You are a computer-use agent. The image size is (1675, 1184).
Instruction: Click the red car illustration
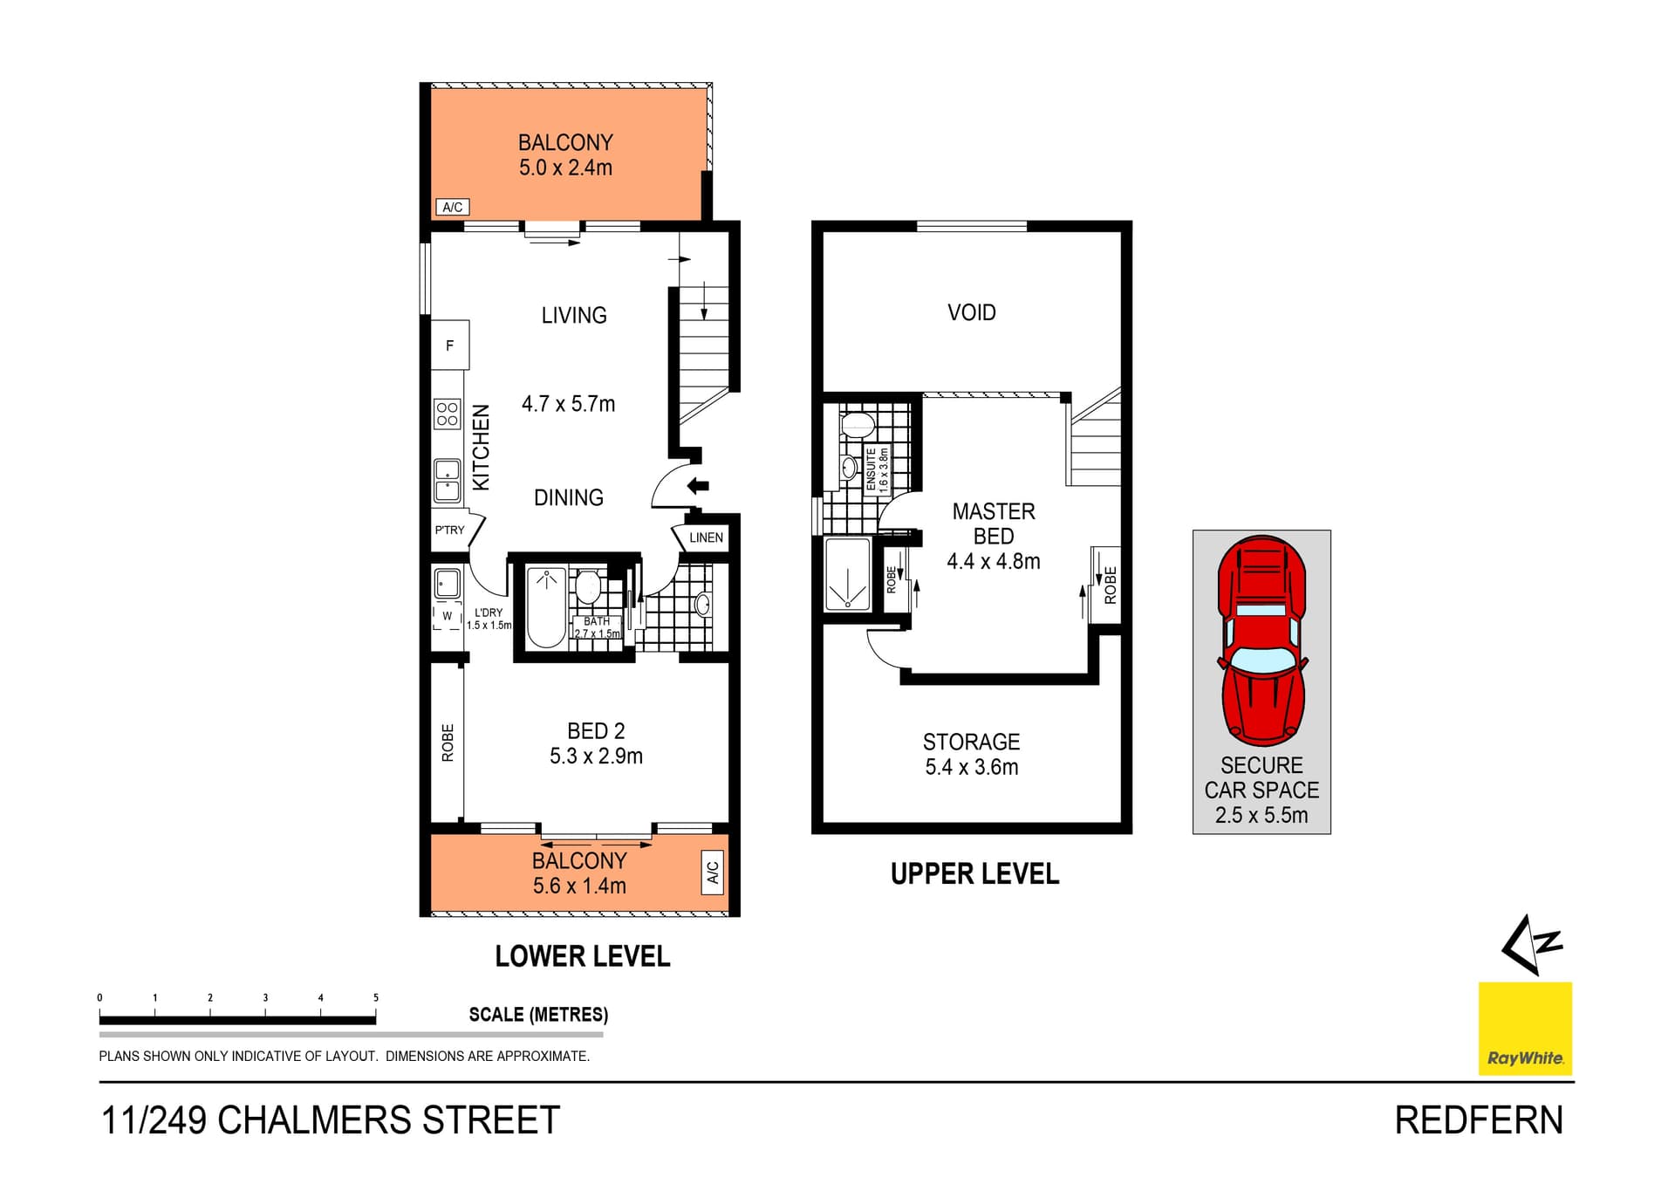click(x=1261, y=640)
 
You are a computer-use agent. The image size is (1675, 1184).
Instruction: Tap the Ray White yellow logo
click(x=1525, y=1028)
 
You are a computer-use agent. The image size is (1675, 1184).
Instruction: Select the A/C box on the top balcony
click(x=452, y=207)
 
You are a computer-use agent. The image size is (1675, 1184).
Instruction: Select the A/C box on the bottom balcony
click(x=712, y=872)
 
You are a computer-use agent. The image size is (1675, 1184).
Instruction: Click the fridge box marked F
click(x=450, y=346)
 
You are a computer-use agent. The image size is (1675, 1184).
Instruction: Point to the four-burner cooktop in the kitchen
click(x=448, y=414)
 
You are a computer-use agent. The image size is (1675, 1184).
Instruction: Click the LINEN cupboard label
click(x=706, y=537)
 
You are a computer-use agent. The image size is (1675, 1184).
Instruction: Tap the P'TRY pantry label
click(x=449, y=530)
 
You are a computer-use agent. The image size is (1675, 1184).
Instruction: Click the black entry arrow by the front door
click(x=698, y=486)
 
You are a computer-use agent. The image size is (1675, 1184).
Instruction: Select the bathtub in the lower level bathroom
click(x=546, y=606)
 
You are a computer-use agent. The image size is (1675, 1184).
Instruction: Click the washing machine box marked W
click(x=448, y=615)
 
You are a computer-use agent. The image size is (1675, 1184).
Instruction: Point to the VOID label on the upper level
click(x=971, y=312)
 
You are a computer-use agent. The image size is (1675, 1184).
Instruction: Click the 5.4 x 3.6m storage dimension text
click(x=971, y=767)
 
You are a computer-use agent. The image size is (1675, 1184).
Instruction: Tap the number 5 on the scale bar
click(x=376, y=997)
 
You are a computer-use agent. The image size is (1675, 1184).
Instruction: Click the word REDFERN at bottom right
click(x=1478, y=1120)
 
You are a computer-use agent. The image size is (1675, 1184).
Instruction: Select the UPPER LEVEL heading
click(x=974, y=874)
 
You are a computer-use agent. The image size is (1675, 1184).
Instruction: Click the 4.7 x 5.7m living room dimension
click(x=568, y=404)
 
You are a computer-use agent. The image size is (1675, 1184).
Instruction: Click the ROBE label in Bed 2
click(x=448, y=743)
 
